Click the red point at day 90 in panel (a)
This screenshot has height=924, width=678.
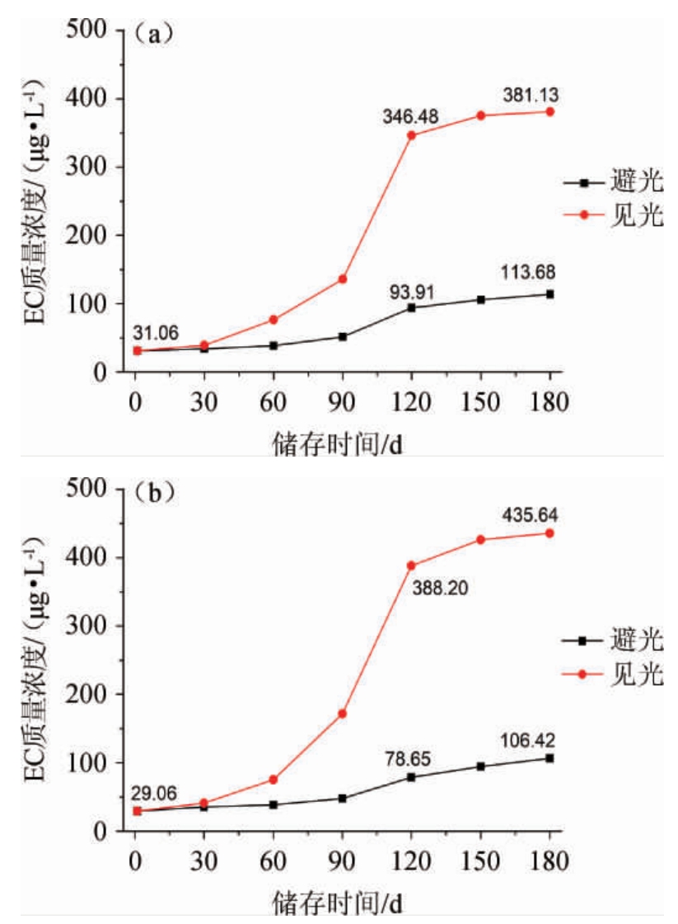point(343,279)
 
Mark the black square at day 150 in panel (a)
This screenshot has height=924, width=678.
point(481,299)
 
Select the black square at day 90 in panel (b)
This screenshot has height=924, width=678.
point(343,798)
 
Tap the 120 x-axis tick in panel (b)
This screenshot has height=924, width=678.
point(412,861)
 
